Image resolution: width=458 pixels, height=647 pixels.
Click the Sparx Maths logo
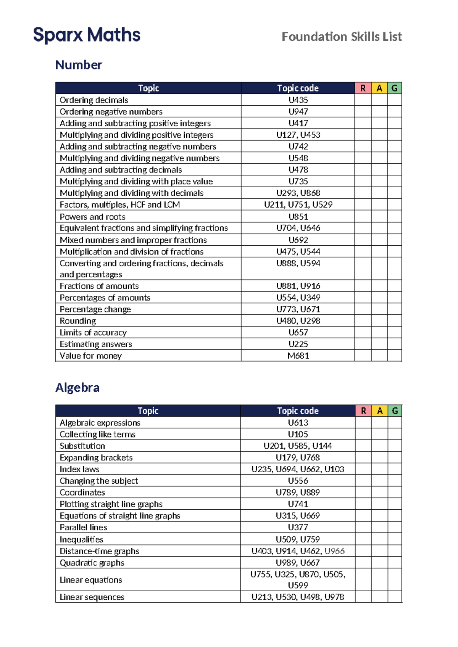(87, 35)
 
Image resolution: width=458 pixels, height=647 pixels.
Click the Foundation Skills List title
(342, 37)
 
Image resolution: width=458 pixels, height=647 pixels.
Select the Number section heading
(79, 65)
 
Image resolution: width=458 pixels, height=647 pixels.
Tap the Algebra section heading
(77, 388)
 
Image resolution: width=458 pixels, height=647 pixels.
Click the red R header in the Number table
(363, 88)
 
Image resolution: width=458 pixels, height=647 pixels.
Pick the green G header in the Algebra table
(395, 411)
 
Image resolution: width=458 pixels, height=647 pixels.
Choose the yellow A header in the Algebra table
(380, 411)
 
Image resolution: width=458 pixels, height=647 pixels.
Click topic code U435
(298, 100)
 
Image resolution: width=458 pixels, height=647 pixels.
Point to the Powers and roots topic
(93, 217)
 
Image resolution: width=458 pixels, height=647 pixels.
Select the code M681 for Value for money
(298, 356)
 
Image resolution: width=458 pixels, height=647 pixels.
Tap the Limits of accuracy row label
(93, 333)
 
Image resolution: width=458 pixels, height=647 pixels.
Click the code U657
(298, 333)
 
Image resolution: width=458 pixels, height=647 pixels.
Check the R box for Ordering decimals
(363, 100)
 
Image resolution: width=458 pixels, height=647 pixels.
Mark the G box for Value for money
(395, 356)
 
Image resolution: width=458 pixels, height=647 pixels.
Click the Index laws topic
(80, 469)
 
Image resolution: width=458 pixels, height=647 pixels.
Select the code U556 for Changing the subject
(298, 481)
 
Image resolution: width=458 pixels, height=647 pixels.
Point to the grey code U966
(334, 551)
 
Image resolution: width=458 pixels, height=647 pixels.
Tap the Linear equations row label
(91, 580)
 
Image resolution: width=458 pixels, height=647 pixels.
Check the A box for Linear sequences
(380, 597)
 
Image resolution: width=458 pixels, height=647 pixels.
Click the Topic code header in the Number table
(298, 88)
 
